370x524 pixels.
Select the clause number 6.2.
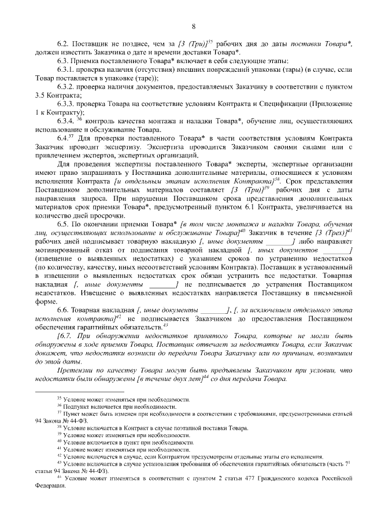(x=63, y=44)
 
